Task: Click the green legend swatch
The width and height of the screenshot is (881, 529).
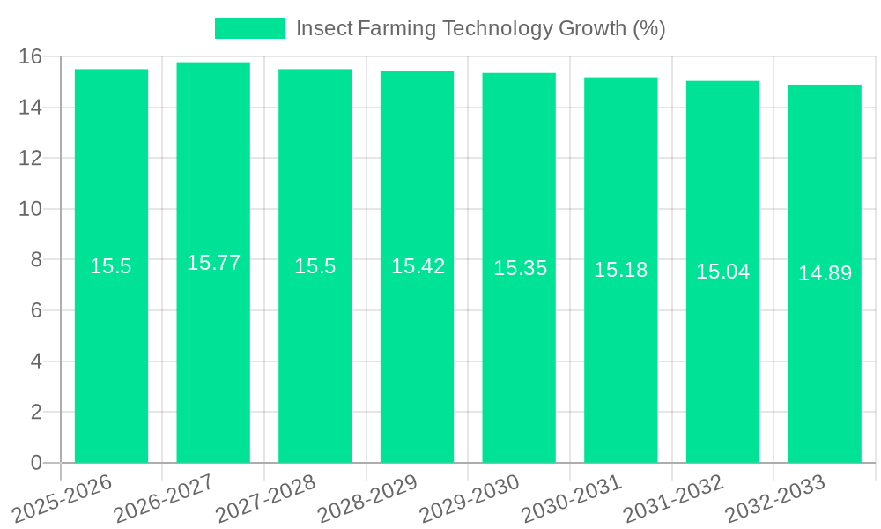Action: [250, 28]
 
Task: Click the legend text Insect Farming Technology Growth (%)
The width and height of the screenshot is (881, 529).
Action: [480, 28]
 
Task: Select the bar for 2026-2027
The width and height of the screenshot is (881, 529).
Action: [213, 353]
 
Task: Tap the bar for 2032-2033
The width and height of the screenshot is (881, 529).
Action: [825, 353]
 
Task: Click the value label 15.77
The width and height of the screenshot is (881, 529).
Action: [213, 263]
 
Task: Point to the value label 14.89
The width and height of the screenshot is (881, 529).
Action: [825, 273]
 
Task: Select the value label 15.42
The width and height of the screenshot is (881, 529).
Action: [418, 266]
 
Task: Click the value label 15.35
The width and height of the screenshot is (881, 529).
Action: [520, 268]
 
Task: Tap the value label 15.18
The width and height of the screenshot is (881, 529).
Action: [620, 270]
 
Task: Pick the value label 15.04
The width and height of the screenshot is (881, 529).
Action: [722, 272]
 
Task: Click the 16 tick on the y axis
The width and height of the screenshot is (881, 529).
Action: [31, 57]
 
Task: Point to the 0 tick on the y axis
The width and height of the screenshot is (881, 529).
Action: [36, 463]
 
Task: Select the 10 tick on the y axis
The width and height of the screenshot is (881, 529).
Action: [31, 209]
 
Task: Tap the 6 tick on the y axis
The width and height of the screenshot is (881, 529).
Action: [36, 310]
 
